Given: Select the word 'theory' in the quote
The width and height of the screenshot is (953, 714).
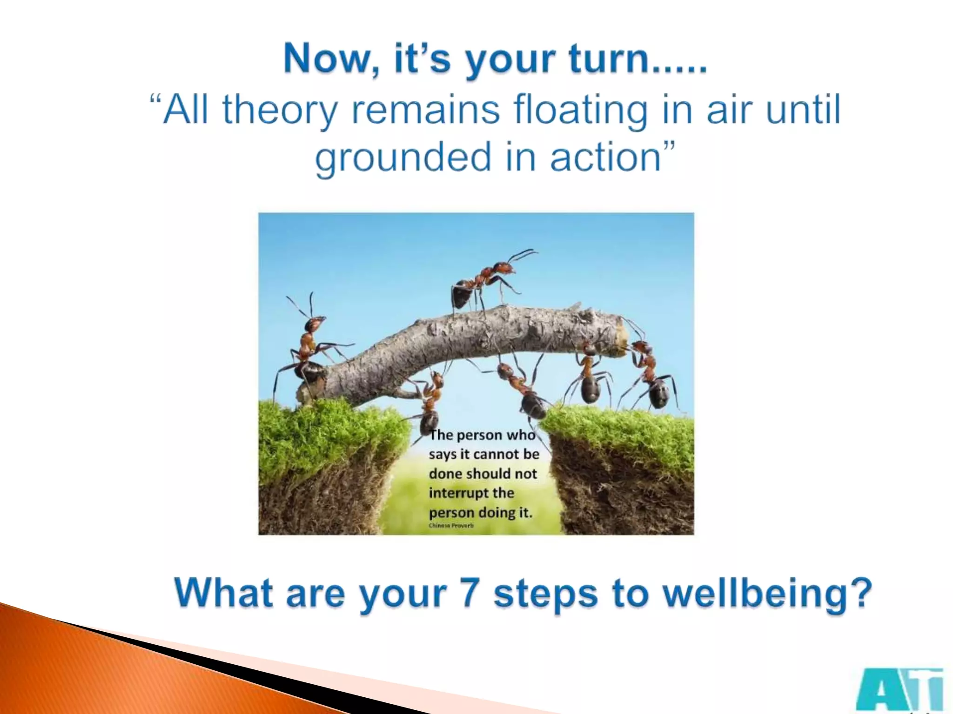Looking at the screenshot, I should (279, 111).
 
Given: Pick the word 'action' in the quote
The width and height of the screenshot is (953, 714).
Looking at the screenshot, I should (605, 157).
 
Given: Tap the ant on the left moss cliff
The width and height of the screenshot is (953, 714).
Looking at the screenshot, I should (305, 353).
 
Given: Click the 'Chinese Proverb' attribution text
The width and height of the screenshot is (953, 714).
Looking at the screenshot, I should (451, 525).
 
